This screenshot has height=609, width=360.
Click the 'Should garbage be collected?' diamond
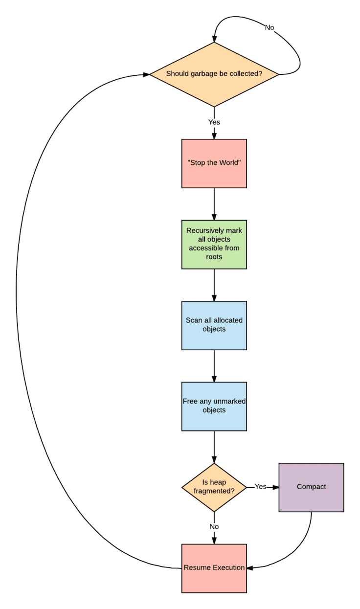214,74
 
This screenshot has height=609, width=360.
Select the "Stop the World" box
214,163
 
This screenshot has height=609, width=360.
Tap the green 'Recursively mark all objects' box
214,244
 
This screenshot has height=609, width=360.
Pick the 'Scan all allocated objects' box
214,325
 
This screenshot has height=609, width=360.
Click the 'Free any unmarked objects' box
214,406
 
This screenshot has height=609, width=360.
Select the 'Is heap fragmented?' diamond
214,487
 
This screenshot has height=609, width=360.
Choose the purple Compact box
311,487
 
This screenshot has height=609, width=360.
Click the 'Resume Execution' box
214,568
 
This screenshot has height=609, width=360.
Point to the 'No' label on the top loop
270,27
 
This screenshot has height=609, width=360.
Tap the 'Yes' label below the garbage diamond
214,122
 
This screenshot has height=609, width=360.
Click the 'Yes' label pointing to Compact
260,487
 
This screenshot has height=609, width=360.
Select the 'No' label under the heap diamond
214,527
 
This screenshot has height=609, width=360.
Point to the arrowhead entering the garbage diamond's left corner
146,74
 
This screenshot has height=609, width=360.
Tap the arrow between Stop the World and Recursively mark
214,203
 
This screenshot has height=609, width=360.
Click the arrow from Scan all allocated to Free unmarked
214,365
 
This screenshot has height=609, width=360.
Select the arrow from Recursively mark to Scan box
214,285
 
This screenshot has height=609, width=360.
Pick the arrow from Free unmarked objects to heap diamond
214,447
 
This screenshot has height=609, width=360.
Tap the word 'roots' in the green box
214,256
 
